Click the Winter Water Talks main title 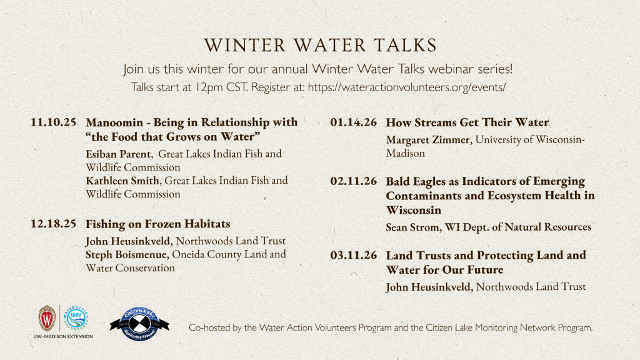[320, 46]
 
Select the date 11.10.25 [53, 122]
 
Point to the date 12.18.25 [53, 224]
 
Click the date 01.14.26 [353, 122]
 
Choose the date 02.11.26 [353, 182]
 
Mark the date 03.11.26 [353, 256]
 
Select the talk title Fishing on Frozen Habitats [158, 224]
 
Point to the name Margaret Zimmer [429, 140]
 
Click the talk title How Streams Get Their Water [467, 122]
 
